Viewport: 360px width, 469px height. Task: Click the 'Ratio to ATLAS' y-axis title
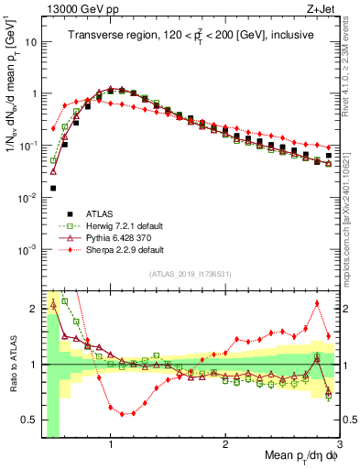point(12,364)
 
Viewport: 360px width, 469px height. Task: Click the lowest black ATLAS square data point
point(53,188)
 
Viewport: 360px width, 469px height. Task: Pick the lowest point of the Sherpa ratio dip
point(122,413)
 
